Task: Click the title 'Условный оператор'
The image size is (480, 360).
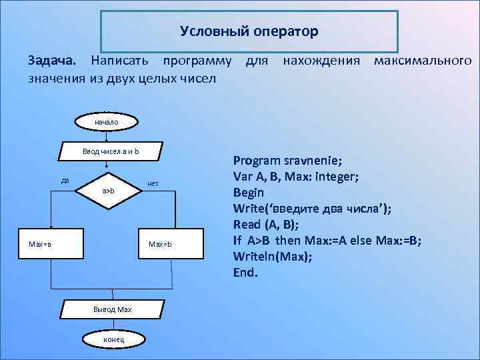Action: click(x=249, y=31)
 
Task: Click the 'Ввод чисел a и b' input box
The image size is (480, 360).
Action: click(x=111, y=152)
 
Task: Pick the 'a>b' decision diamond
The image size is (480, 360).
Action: click(x=109, y=191)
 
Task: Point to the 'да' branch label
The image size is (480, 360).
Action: click(x=65, y=180)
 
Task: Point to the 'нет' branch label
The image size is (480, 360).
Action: click(x=153, y=183)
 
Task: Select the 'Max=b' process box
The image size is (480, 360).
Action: click(x=161, y=243)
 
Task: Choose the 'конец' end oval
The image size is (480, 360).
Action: click(x=109, y=340)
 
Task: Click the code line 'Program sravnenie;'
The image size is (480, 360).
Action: click(x=287, y=161)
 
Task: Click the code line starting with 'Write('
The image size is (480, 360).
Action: click(x=312, y=208)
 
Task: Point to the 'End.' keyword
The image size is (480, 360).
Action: click(x=245, y=272)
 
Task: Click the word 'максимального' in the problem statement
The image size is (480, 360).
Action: click(x=423, y=61)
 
